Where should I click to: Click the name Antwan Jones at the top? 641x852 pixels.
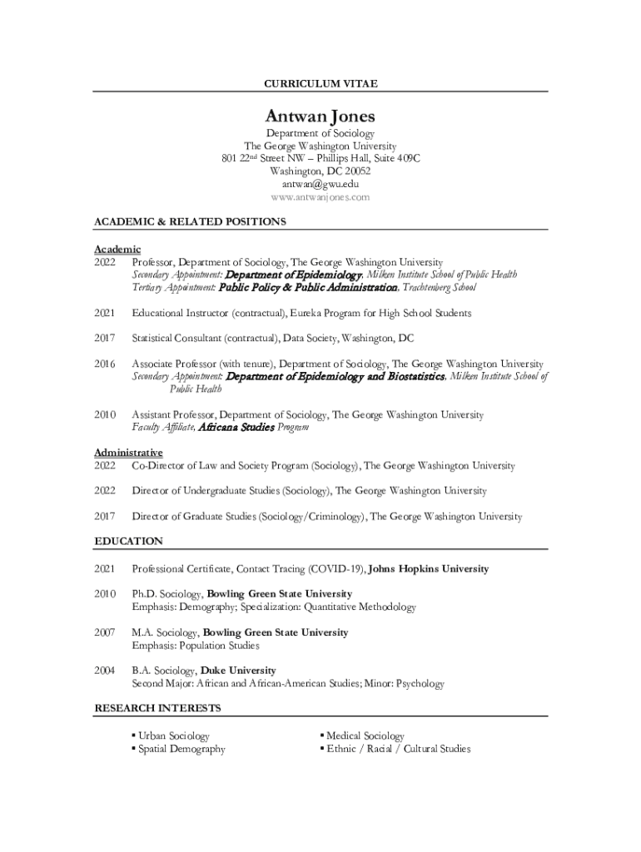pyautogui.click(x=320, y=116)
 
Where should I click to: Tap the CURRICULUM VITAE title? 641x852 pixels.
pyautogui.click(x=320, y=84)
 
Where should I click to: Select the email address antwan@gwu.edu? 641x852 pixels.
pyautogui.click(x=320, y=184)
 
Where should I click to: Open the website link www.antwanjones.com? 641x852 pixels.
pyautogui.click(x=320, y=197)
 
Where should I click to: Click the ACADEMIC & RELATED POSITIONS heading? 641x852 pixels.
pyautogui.click(x=190, y=221)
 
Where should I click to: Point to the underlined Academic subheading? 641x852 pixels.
pyautogui.click(x=117, y=249)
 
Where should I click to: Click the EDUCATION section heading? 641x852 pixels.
pyautogui.click(x=128, y=541)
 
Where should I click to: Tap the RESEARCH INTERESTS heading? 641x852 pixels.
pyautogui.click(x=157, y=708)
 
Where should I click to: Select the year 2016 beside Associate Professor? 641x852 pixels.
pyautogui.click(x=105, y=364)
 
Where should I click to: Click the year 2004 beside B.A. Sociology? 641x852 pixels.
pyautogui.click(x=105, y=671)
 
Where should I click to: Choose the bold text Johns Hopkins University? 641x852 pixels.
pyautogui.click(x=428, y=569)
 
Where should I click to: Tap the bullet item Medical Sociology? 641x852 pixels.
pyautogui.click(x=365, y=736)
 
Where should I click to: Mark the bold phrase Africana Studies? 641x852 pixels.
pyautogui.click(x=236, y=427)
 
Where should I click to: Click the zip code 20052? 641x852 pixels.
pyautogui.click(x=354, y=171)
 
